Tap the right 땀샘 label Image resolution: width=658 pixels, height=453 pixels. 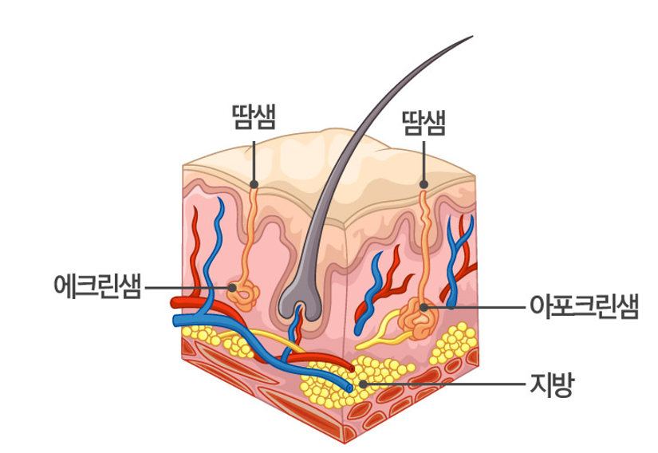[x=424, y=123]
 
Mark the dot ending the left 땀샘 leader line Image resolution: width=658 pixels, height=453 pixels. [x=254, y=184]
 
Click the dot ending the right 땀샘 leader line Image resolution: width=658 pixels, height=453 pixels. [x=424, y=185]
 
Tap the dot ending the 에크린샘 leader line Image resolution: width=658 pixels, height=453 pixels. [x=231, y=286]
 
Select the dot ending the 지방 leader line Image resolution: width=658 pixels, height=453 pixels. [x=364, y=384]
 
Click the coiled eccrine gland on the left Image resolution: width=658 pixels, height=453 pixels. [x=244, y=296]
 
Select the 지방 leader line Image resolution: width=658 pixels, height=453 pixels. [x=447, y=384]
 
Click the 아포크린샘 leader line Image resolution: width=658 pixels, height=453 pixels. [x=479, y=306]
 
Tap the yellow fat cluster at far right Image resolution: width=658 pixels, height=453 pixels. [x=455, y=343]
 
